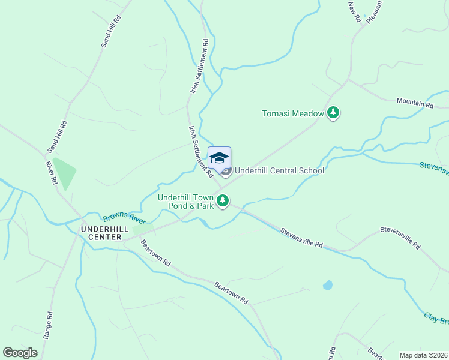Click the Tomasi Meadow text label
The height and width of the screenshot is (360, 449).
pyautogui.click(x=292, y=113)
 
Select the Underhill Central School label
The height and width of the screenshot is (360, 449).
pyautogui.click(x=279, y=170)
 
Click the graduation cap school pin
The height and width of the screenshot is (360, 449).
pyautogui.click(x=219, y=158)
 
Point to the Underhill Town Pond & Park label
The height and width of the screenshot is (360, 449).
pyautogui.click(x=186, y=202)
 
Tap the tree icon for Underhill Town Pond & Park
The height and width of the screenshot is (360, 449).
pyautogui.click(x=223, y=201)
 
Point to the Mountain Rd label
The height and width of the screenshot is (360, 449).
pyautogui.click(x=415, y=103)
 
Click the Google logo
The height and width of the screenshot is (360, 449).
pyautogui.click(x=20, y=352)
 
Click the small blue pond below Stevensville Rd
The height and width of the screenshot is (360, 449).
pyautogui.click(x=327, y=285)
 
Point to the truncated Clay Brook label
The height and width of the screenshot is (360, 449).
pyautogui.click(x=436, y=317)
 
